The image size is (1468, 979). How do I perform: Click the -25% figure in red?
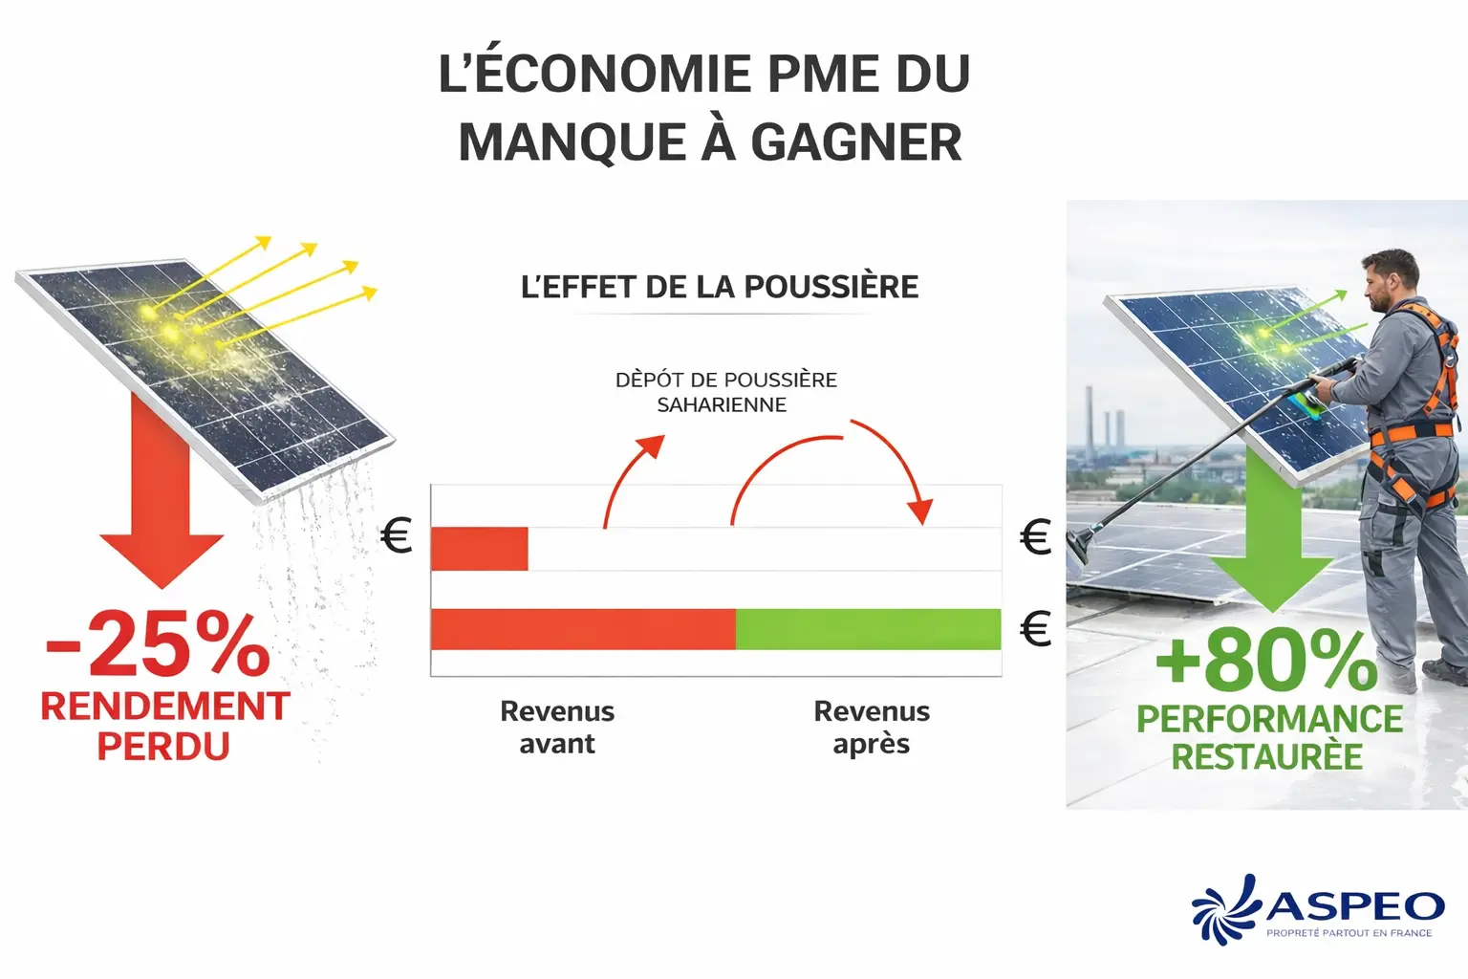(159, 644)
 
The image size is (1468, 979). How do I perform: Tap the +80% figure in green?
(1266, 660)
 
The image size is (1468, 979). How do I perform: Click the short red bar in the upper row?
(479, 549)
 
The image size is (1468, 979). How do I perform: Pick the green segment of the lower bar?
(868, 629)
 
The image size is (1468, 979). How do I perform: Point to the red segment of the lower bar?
(583, 629)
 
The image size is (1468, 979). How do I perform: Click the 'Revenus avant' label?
(557, 728)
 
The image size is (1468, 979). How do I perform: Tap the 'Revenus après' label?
(872, 728)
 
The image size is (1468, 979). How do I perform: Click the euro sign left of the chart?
(396, 536)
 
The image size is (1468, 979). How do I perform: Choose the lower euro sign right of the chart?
(1036, 629)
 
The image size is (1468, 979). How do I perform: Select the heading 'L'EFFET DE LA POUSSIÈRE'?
(719, 287)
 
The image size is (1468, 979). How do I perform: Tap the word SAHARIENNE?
(722, 405)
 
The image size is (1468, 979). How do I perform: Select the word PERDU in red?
(163, 747)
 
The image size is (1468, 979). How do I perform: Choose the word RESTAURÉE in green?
(1267, 757)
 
